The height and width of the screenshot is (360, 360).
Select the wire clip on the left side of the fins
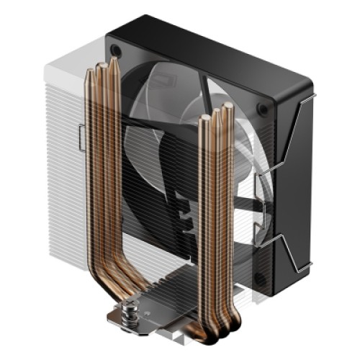[81, 137]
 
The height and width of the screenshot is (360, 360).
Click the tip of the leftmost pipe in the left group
[91, 70]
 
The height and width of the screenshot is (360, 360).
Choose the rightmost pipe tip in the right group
[228, 107]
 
